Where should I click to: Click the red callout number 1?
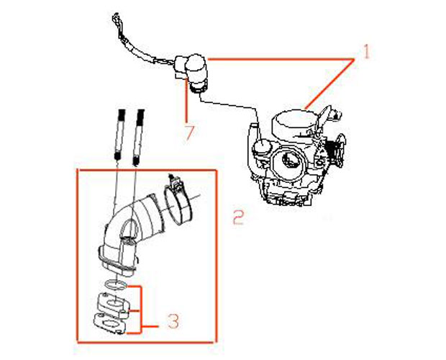[x=366, y=52]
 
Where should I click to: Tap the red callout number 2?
[x=238, y=217]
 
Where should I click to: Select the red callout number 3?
[x=173, y=321]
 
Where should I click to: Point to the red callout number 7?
[x=190, y=132]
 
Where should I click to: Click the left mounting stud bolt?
[x=120, y=135]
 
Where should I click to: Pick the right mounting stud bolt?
[x=138, y=138]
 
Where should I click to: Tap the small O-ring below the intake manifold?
[x=116, y=285]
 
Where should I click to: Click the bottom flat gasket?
[x=110, y=323]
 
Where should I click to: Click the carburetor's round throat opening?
[x=288, y=162]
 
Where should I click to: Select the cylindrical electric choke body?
[x=196, y=73]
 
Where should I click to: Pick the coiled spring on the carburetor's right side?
[x=333, y=150]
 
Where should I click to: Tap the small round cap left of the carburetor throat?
[x=262, y=148]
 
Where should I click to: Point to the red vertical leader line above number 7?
[x=186, y=102]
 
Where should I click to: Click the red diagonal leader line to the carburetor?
[x=329, y=84]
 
